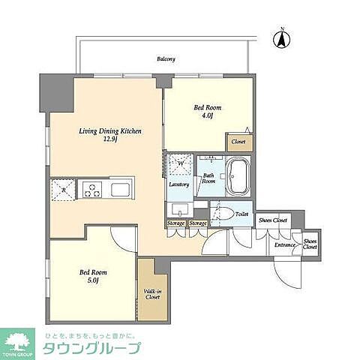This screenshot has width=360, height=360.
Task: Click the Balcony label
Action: pyautogui.click(x=166, y=58)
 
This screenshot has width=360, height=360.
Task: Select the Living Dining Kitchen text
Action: pyautogui.click(x=111, y=130)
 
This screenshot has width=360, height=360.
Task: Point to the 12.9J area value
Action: pyautogui.click(x=110, y=139)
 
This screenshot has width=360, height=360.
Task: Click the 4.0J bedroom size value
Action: pyautogui.click(x=205, y=115)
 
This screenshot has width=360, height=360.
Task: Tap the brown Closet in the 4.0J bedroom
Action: pyautogui.click(x=238, y=141)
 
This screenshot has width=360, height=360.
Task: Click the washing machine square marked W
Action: pyautogui.click(x=181, y=163)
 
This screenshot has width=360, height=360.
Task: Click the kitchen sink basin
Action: pyautogui.click(x=120, y=187)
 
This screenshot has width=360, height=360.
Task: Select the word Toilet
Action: pyautogui.click(x=241, y=214)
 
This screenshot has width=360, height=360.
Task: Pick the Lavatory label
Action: pyautogui.click(x=178, y=184)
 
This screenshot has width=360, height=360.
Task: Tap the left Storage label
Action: pyautogui.click(x=176, y=223)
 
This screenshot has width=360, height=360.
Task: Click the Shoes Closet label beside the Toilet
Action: pyautogui.click(x=273, y=220)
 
